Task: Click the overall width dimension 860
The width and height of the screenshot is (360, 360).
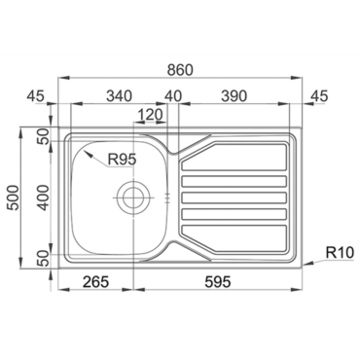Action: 180,70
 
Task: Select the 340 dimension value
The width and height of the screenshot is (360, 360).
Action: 120,96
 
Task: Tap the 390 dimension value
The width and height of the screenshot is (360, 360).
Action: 234,96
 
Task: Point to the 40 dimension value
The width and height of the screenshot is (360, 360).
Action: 173,96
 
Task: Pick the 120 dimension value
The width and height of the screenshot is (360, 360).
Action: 150,115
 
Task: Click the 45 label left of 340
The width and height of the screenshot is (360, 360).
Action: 35,96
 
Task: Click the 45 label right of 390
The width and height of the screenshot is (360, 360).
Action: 319,96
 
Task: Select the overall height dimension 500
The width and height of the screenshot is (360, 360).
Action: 14,198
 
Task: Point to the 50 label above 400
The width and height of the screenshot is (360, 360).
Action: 44,136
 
